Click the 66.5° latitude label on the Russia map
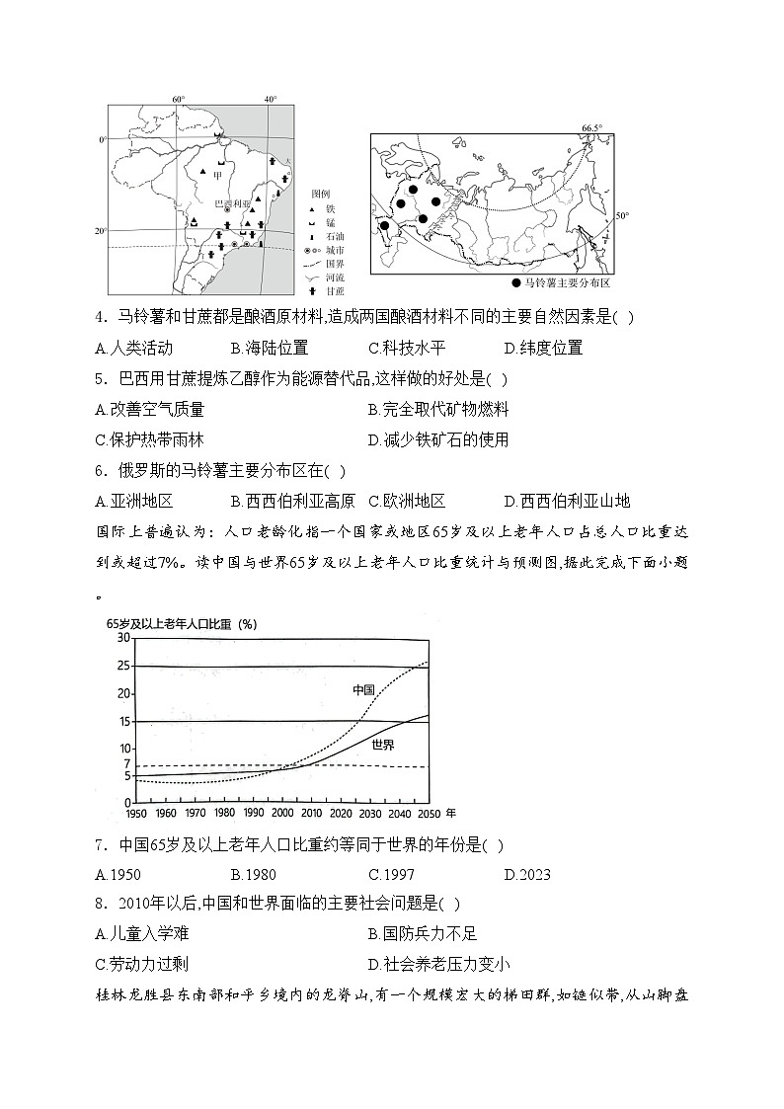tap(591, 128)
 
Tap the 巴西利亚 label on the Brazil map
tap(233, 201)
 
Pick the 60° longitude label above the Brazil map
tap(179, 100)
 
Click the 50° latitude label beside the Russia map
tap(622, 215)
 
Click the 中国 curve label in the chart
tap(363, 689)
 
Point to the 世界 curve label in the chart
tap(383, 745)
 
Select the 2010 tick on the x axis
tap(312, 813)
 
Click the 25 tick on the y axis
tap(123, 667)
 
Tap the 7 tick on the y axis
tap(126, 764)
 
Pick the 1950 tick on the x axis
tap(138, 813)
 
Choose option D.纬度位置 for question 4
tap(543, 348)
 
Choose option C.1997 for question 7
tap(391, 874)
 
